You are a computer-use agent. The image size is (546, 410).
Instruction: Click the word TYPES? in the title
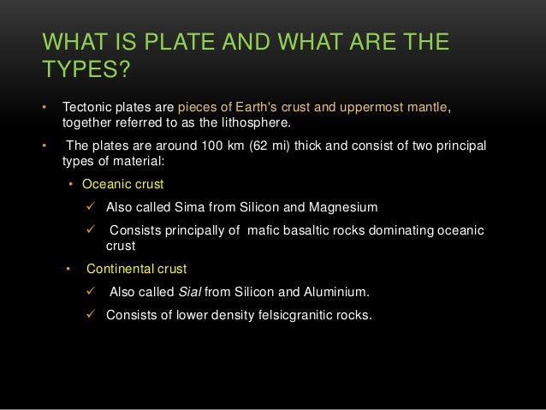point(85,68)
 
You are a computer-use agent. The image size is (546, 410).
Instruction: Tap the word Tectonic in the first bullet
point(87,108)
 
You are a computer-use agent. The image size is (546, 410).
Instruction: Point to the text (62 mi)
point(273,146)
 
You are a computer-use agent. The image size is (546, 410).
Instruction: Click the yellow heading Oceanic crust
point(123,184)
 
